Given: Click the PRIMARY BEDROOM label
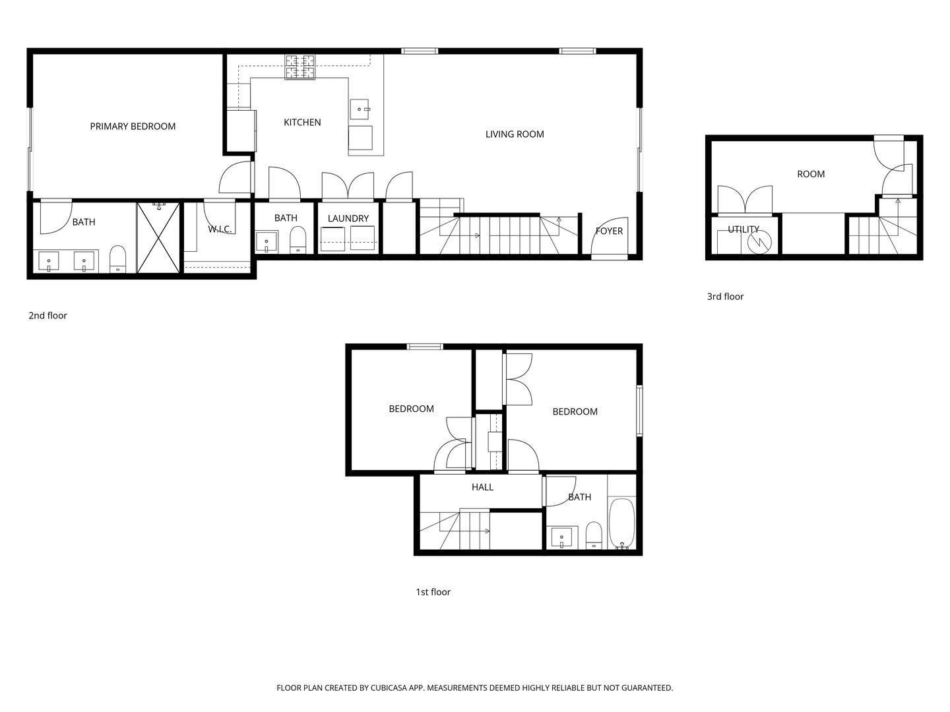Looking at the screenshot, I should click(133, 127).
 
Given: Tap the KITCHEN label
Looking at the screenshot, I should click(302, 123).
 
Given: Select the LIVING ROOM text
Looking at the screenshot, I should click(515, 134).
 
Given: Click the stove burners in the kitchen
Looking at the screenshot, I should click(300, 67).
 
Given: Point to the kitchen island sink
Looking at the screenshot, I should click(360, 109).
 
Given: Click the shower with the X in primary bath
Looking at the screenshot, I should click(158, 237).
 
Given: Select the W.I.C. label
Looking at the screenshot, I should click(220, 229).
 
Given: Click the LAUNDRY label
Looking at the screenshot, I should click(348, 218).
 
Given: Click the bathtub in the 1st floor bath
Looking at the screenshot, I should click(621, 523).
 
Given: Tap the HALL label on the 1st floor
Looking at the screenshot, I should click(482, 487).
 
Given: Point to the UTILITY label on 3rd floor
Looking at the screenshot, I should click(744, 229).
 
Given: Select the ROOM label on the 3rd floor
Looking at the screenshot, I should click(811, 174).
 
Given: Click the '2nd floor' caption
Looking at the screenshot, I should click(47, 316).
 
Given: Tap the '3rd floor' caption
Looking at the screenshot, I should click(725, 297).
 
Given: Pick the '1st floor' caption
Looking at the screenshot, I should click(433, 592).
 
